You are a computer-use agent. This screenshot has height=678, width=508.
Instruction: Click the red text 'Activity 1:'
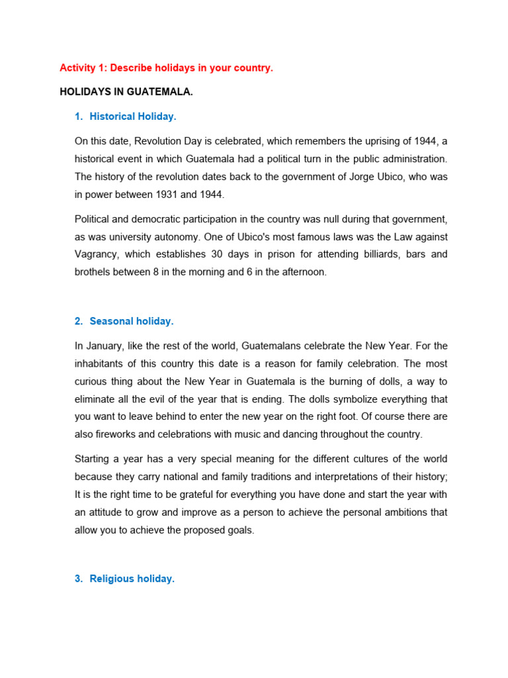83,68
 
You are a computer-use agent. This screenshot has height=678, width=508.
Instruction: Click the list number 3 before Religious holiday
77,579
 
